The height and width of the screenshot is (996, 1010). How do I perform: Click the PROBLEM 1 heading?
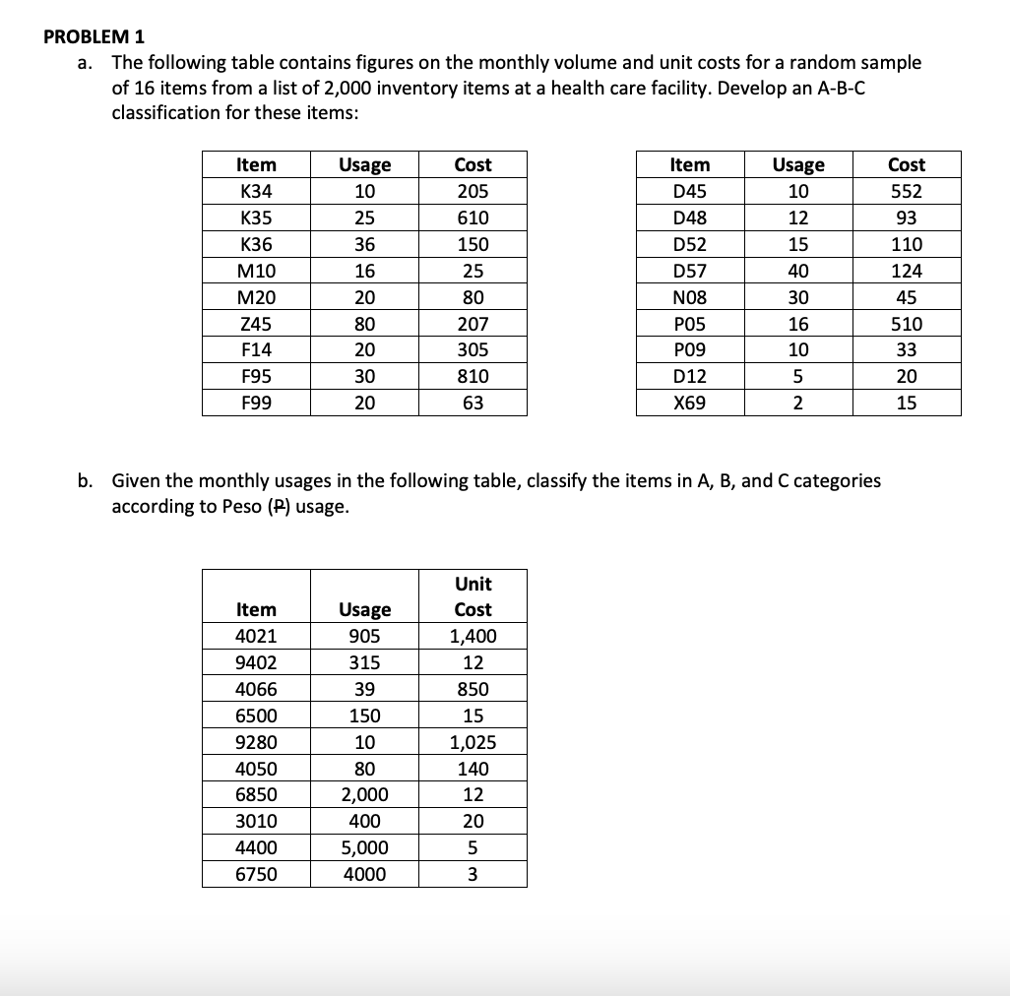95,36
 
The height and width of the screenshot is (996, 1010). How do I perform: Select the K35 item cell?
257,218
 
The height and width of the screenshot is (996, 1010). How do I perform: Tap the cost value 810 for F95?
473,376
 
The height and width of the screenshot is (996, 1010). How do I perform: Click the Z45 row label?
257,323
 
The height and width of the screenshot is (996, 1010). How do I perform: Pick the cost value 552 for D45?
906,191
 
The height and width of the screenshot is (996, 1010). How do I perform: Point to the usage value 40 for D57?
798,271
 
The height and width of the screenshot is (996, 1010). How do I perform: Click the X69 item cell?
689,403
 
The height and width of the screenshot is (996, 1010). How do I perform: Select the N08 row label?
689,297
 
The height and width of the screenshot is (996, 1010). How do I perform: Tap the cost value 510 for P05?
906,323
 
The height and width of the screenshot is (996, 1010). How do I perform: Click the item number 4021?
257,636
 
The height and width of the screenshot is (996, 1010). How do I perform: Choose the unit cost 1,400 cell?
473,636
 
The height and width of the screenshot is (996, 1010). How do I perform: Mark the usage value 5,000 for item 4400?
364,847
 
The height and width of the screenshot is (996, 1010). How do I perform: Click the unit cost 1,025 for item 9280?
473,742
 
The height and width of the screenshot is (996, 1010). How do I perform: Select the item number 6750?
257,874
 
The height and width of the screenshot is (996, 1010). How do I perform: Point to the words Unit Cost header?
473,596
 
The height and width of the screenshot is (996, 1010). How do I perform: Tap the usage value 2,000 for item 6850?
364,794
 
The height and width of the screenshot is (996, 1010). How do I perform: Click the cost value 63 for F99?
473,403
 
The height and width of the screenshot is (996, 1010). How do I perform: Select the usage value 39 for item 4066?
364,689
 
